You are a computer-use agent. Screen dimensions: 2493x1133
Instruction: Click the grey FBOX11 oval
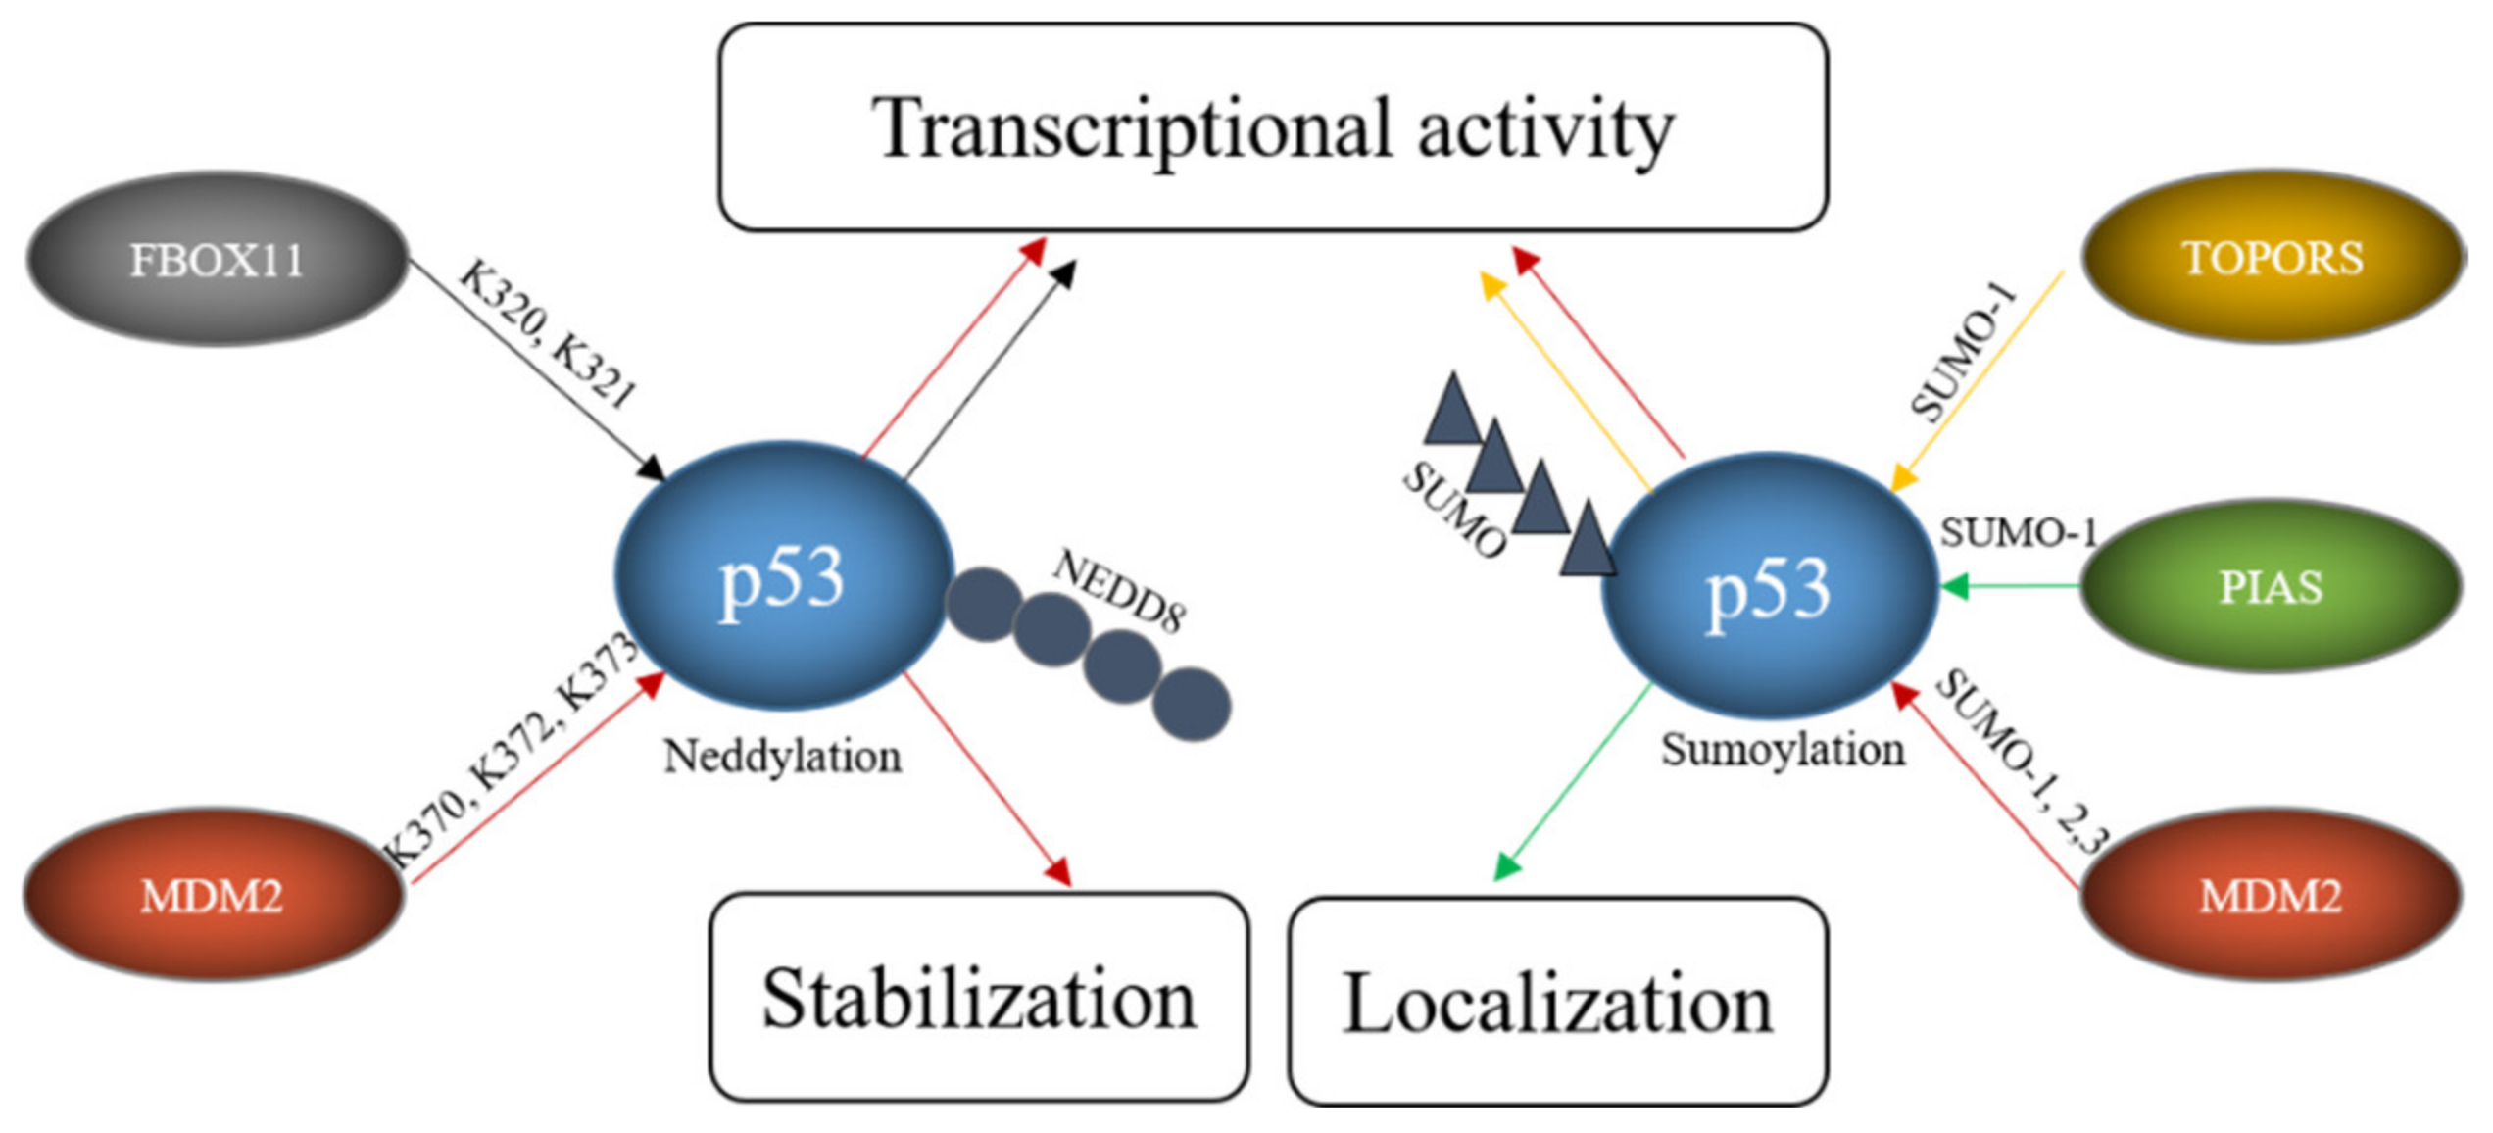[x=216, y=260]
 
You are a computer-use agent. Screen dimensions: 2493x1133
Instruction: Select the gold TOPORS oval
[x=2272, y=258]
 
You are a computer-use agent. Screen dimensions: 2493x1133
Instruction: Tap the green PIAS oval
[x=2270, y=586]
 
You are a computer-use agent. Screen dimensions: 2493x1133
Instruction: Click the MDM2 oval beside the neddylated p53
[x=212, y=895]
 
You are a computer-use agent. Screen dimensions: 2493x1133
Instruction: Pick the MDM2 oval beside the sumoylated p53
[x=2270, y=895]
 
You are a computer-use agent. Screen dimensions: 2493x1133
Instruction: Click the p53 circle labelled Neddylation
[x=782, y=576]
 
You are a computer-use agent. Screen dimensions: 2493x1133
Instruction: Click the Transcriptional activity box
[x=1272, y=127]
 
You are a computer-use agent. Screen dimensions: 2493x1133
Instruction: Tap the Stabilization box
[x=978, y=998]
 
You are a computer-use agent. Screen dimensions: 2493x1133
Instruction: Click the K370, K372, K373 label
[x=510, y=750]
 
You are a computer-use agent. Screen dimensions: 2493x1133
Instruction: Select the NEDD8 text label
[x=1119, y=590]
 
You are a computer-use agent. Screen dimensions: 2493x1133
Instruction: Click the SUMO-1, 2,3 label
[x=2021, y=760]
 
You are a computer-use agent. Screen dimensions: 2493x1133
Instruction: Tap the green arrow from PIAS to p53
[x=2009, y=587]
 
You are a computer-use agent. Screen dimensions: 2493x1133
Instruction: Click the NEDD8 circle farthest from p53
[x=1191, y=703]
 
